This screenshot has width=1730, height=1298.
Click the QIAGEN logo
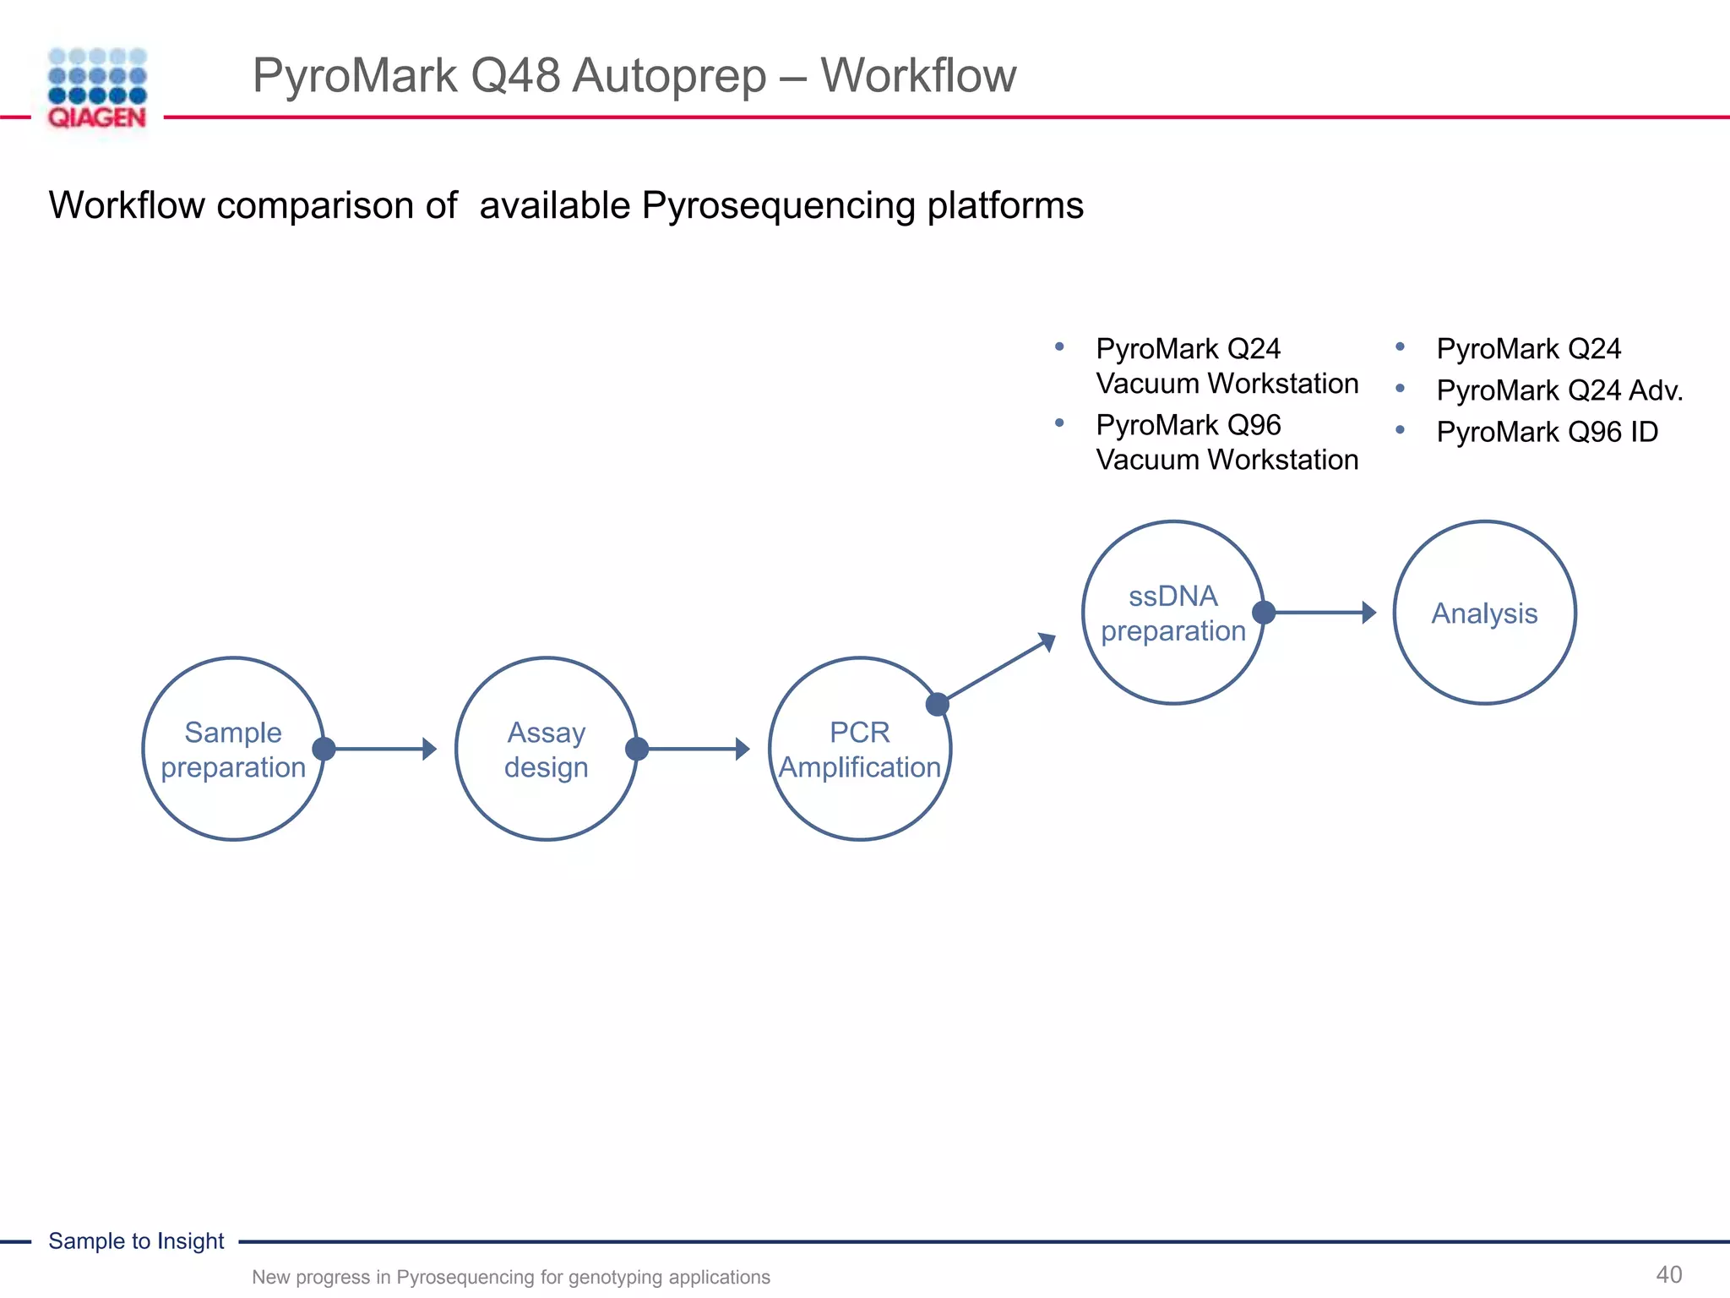pyautogui.click(x=97, y=88)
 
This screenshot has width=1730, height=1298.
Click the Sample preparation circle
pyautogui.click(x=233, y=749)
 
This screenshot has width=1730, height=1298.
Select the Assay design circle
pyautogui.click(x=546, y=749)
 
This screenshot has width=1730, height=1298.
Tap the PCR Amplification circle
pyautogui.click(x=859, y=749)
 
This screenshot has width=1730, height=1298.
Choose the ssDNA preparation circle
pyautogui.click(x=1172, y=613)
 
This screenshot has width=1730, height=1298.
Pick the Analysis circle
pyautogui.click(x=1484, y=613)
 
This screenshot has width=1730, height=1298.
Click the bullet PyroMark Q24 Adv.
pyautogui.click(x=1559, y=390)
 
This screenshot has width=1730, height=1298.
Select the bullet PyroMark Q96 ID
pyautogui.click(x=1547, y=432)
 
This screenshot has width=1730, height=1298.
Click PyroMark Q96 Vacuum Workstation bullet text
pyautogui.click(x=1227, y=442)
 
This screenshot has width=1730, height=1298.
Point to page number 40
pyautogui.click(x=1668, y=1274)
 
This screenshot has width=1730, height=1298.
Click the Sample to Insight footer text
pyautogui.click(x=136, y=1241)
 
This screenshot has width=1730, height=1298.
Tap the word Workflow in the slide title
pyautogui.click(x=918, y=75)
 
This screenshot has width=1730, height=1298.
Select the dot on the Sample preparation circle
pyautogui.click(x=324, y=749)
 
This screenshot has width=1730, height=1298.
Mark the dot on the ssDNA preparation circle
pyautogui.click(x=1264, y=613)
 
